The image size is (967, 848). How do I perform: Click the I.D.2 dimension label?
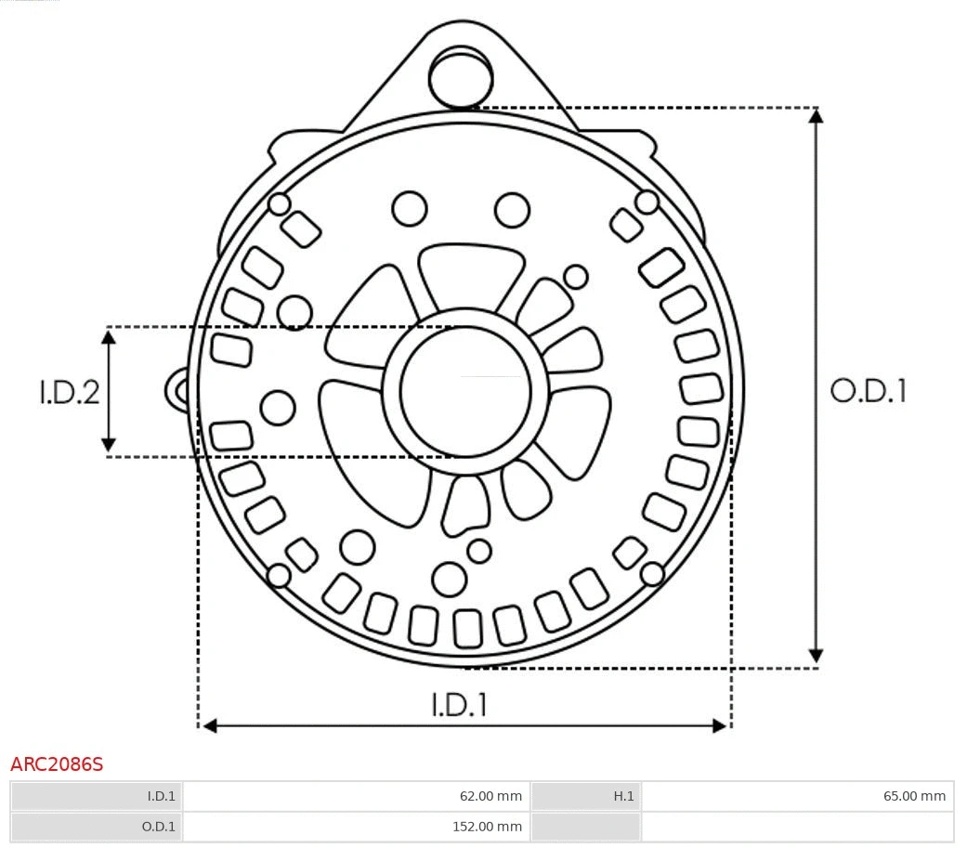69,392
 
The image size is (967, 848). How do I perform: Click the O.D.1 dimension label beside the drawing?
868,391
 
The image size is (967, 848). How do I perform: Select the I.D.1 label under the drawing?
459,705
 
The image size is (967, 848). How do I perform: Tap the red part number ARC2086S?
57,764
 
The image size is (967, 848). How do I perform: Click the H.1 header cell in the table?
585,796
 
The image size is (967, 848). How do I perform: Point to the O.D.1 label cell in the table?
97,826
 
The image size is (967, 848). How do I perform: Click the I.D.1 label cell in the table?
97,796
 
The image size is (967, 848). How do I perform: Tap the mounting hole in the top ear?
460,76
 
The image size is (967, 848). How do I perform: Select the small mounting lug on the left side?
177,390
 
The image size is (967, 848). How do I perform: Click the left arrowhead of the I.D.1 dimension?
210,725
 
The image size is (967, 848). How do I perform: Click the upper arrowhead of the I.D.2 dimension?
109,336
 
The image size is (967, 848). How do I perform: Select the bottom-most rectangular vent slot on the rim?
467,628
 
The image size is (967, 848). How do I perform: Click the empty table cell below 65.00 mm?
797,826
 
